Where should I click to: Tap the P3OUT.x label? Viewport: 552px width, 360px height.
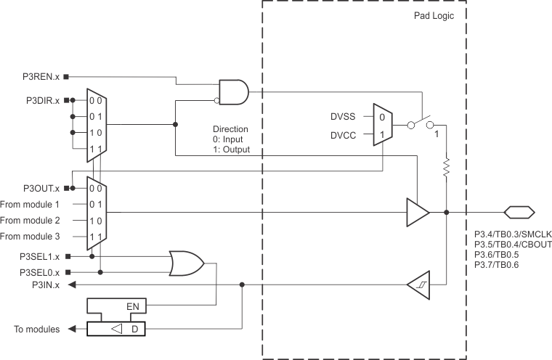41,188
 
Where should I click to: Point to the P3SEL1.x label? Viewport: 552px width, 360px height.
40,256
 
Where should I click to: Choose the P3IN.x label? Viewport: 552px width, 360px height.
45,285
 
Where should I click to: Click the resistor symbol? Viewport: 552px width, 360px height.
446,168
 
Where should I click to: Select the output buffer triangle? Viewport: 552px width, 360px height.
416,213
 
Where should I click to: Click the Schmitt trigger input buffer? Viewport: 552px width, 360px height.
416,285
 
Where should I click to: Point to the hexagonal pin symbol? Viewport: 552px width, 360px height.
519,212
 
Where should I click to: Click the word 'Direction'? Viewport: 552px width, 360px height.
230,128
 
